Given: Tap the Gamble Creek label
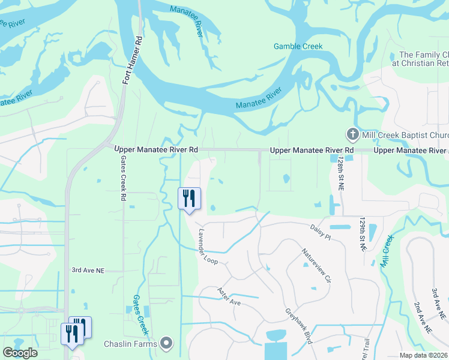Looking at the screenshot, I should [x=298, y=46].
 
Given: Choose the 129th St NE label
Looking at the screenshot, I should [x=363, y=235].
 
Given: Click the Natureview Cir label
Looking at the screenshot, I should [x=316, y=266].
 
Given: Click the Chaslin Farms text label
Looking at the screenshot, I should [x=130, y=344].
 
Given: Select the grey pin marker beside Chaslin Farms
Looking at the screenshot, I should [x=167, y=344].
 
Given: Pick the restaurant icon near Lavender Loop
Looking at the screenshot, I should [x=190, y=198].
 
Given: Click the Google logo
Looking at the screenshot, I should [x=20, y=353].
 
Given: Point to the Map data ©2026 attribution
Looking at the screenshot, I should [x=423, y=355].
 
